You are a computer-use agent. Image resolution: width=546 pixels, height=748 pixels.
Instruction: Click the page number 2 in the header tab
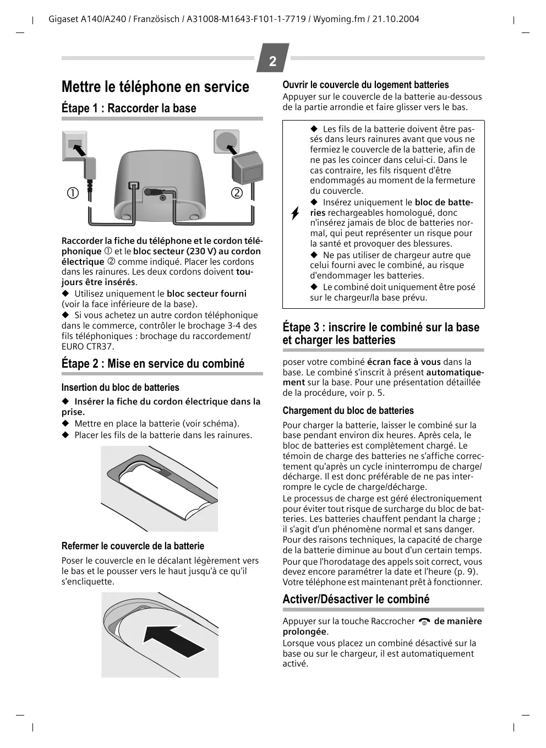click(272, 61)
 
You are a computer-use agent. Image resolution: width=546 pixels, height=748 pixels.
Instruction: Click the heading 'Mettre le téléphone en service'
click(155, 87)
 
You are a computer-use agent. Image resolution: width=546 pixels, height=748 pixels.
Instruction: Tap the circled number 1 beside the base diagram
click(73, 193)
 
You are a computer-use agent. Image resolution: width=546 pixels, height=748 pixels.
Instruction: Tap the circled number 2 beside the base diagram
click(237, 193)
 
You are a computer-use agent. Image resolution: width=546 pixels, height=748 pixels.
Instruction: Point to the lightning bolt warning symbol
click(296, 214)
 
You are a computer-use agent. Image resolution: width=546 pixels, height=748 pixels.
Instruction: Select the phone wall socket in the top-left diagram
click(74, 144)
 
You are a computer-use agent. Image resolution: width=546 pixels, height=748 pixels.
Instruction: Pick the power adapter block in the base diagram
click(248, 170)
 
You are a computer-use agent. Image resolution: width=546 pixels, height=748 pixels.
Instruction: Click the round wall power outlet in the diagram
click(226, 141)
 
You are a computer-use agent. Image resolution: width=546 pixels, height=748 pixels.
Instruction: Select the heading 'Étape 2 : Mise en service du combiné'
click(153, 364)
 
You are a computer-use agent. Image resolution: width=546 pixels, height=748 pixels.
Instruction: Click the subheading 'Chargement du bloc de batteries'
click(348, 411)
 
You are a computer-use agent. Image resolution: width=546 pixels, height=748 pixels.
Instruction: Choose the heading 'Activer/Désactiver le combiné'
click(356, 599)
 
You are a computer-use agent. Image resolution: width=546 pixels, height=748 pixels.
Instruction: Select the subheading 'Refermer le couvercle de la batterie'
click(133, 546)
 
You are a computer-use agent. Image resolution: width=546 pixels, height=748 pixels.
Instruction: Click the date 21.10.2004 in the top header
click(396, 19)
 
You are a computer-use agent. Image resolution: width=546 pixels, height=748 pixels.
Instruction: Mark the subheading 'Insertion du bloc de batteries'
click(120, 387)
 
